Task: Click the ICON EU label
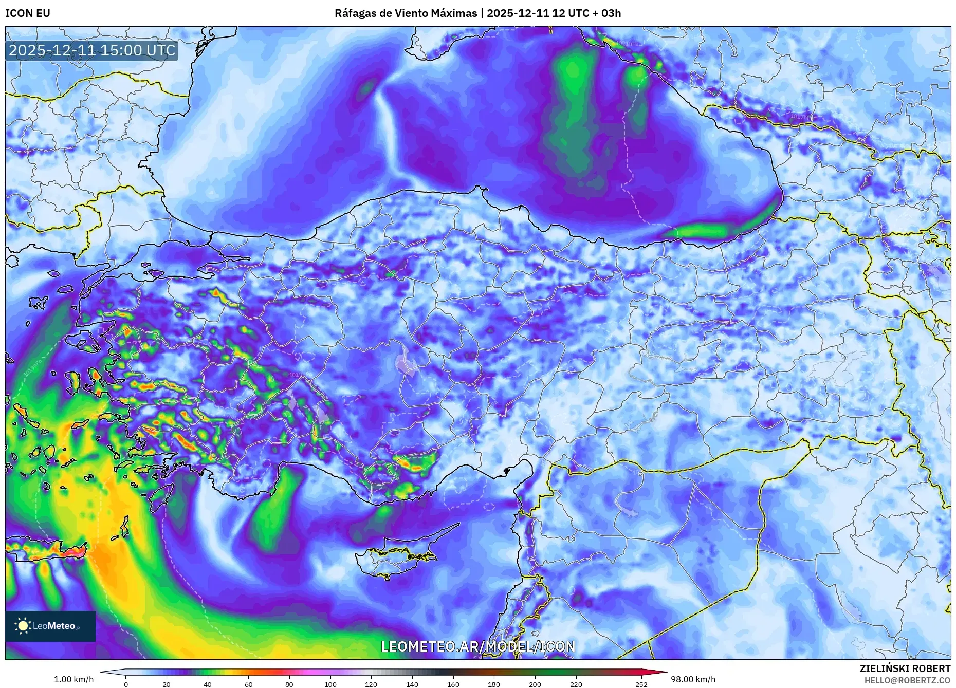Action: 28,13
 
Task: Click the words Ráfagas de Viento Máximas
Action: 406,13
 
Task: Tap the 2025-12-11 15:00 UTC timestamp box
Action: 92,50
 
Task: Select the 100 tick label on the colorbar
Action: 330,684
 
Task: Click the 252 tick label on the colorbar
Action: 641,684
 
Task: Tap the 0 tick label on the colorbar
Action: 126,684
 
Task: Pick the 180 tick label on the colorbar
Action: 493,684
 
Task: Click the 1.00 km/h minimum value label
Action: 73,679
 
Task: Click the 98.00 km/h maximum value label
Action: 693,679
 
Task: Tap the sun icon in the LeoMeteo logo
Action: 23,625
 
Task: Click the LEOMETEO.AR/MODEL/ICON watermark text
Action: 478,646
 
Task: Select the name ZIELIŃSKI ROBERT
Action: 905,668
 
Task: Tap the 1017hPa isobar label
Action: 802,117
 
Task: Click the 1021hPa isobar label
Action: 627,44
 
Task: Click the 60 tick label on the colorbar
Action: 248,684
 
